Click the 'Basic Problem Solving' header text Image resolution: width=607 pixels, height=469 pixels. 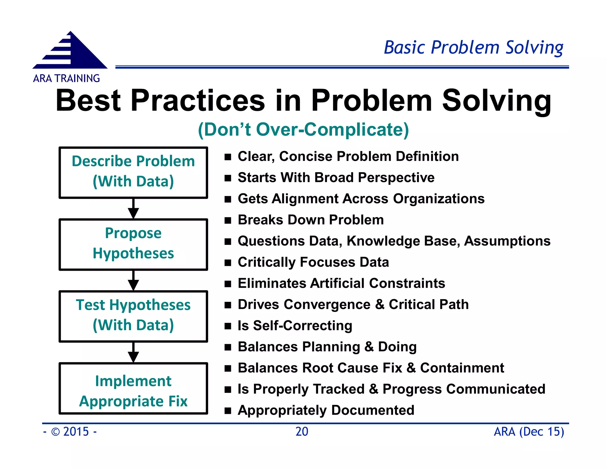click(473, 48)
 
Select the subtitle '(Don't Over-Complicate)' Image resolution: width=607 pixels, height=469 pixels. click(303, 130)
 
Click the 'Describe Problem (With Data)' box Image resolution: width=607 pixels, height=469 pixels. click(133, 172)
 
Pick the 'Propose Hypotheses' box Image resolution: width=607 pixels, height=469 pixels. click(133, 244)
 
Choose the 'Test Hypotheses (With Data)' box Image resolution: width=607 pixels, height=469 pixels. click(133, 316)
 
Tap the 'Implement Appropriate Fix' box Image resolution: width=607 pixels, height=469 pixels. click(133, 388)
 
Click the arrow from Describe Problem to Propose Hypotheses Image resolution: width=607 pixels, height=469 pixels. click(133, 209)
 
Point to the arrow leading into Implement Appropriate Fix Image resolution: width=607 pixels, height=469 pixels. click(133, 353)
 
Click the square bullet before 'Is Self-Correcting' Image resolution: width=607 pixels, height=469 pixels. click(228, 326)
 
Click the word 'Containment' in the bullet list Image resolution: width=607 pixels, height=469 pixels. click(462, 368)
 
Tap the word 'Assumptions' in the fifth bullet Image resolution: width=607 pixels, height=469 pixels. click(507, 241)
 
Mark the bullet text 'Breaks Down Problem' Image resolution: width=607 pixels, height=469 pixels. click(311, 220)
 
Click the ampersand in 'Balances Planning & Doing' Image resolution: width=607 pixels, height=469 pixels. click(369, 347)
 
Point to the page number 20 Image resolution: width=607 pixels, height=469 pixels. click(302, 432)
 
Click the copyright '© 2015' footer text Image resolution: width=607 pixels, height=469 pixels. click(70, 432)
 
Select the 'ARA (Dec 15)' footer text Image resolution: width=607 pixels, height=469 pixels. click(529, 432)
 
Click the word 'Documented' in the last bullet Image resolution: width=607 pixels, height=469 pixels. click(373, 410)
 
